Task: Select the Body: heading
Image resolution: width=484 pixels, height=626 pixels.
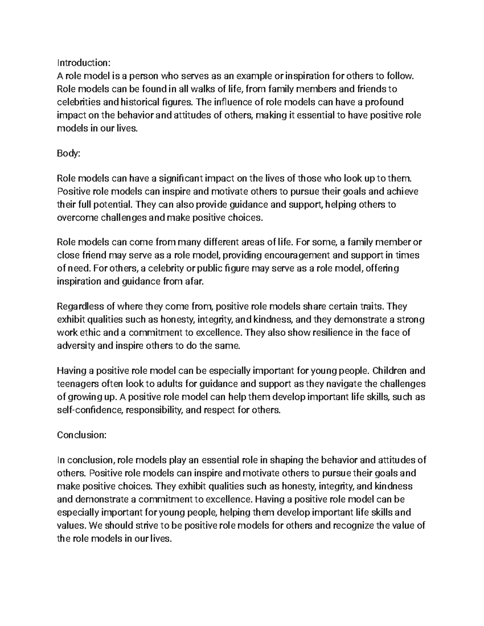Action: click(x=69, y=153)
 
